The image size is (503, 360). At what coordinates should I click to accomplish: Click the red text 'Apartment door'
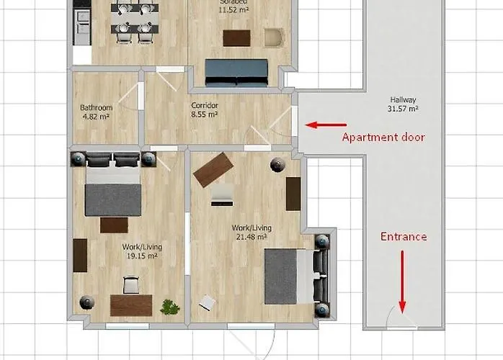tap(383, 137)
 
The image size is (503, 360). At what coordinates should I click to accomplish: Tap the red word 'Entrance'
tap(404, 236)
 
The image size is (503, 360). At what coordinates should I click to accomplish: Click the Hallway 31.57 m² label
tap(404, 104)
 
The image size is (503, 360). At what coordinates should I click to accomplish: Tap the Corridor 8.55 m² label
tap(205, 109)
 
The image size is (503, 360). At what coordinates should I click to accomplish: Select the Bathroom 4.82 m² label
tap(96, 112)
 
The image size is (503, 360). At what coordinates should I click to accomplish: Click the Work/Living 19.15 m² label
tap(142, 251)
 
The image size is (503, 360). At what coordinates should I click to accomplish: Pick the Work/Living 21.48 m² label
tap(249, 232)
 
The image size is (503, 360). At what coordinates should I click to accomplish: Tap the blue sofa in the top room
tap(236, 71)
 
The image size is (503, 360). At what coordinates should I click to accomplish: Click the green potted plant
tap(170, 307)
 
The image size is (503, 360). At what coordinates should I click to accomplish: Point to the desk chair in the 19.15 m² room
tap(131, 285)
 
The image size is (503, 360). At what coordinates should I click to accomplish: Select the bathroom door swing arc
tap(130, 97)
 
